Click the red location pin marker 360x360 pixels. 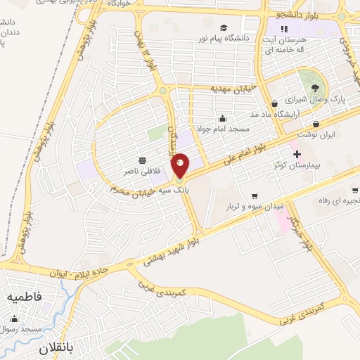tap(181, 166)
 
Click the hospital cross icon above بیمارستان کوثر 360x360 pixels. tap(296, 154)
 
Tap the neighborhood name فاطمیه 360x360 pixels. tap(25, 298)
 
